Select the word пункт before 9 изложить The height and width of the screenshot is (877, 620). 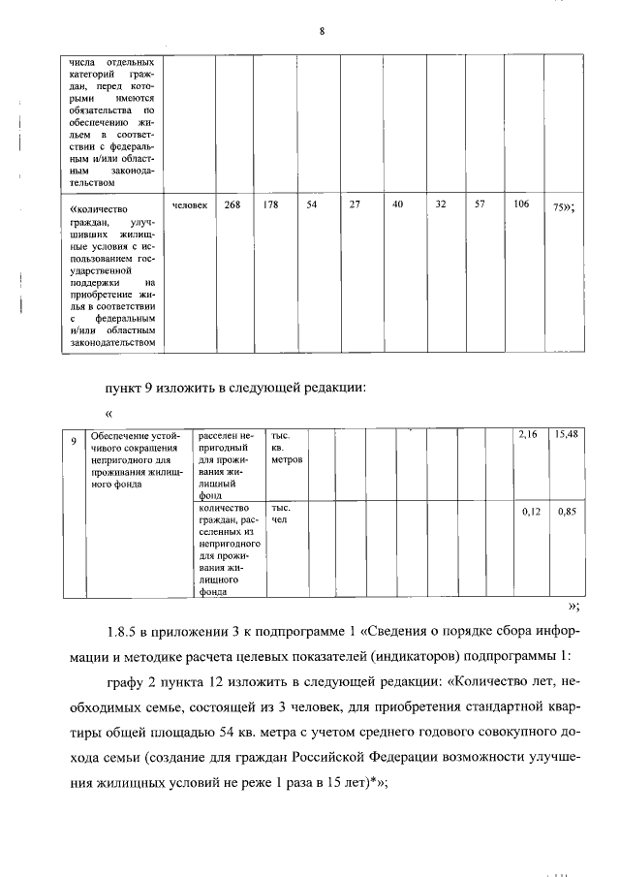tap(125, 388)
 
